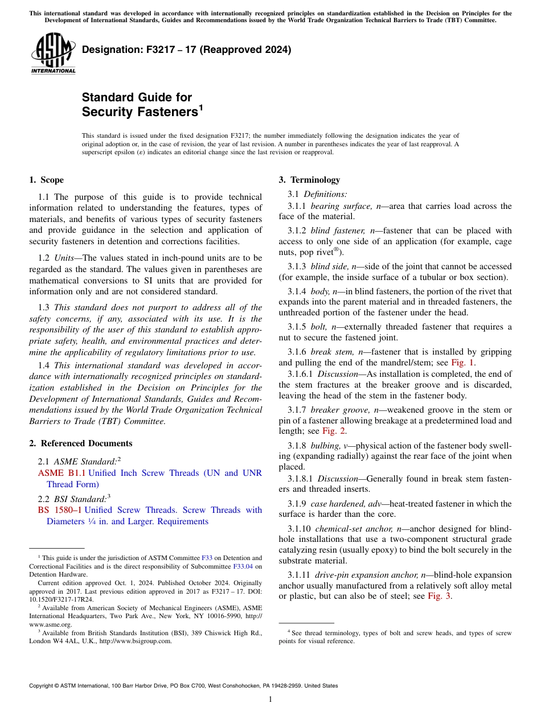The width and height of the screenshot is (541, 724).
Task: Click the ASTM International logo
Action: [53, 53]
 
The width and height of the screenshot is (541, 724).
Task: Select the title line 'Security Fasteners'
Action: [140, 112]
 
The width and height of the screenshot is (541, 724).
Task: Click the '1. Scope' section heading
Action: [46, 180]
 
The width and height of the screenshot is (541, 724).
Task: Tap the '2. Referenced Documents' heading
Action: [80, 443]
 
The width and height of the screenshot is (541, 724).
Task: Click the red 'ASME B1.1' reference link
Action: [62, 474]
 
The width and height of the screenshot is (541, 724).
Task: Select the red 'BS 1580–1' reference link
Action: [59, 510]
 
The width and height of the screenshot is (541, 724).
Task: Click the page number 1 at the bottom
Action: [270, 700]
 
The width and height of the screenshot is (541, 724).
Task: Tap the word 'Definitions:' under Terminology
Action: [329, 195]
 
